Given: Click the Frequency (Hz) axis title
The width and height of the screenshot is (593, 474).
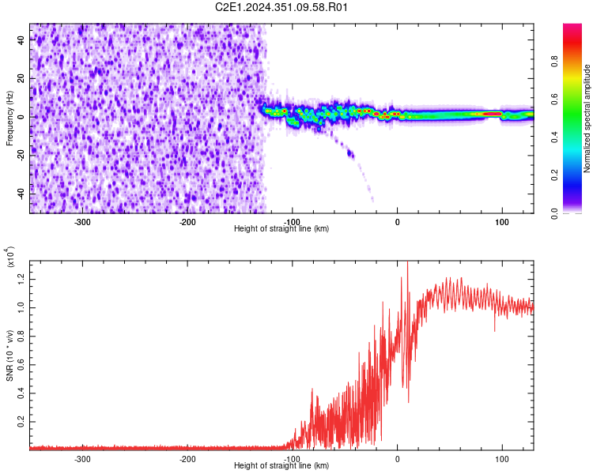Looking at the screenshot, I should (x=9, y=118).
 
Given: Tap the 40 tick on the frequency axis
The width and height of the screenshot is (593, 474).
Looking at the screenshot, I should (x=21, y=41).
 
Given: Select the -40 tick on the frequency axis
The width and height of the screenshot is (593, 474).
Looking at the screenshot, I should (x=19, y=193).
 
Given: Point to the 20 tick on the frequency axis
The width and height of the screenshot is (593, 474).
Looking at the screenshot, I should (x=21, y=79).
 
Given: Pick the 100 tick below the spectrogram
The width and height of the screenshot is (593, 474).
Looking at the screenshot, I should (x=501, y=222).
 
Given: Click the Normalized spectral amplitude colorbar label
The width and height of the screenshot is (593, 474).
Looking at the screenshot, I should (x=587, y=118).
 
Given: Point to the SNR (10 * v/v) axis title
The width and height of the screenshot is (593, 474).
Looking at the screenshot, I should (x=9, y=355).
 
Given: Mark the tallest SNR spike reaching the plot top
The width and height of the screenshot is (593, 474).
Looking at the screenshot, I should (x=407, y=264).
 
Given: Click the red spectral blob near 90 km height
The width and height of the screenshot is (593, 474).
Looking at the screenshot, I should (x=492, y=114).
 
